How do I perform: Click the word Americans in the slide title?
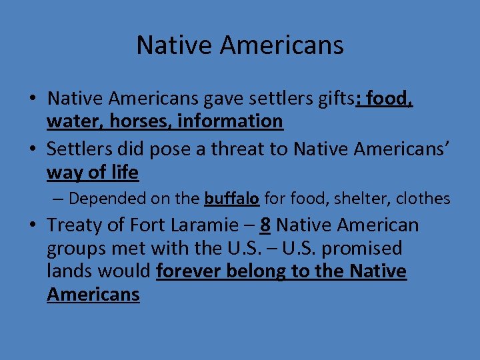pyautogui.click(x=281, y=45)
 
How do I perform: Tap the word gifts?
pyautogui.click(x=333, y=99)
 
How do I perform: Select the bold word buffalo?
pyautogui.click(x=231, y=199)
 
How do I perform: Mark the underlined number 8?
pyautogui.click(x=265, y=225)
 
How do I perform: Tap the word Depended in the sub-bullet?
pyautogui.click(x=101, y=199)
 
